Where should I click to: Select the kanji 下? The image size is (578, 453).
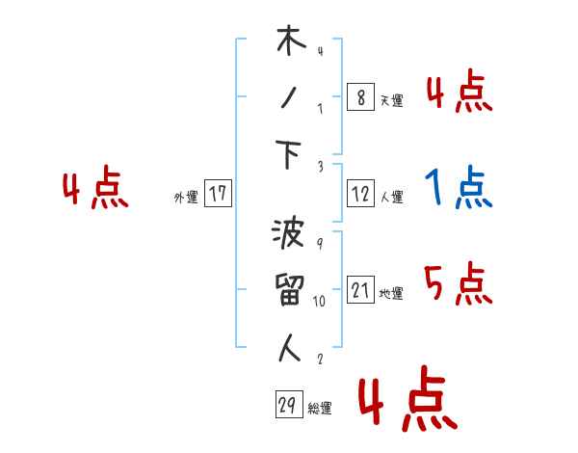(289, 156)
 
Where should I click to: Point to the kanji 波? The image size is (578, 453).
(289, 235)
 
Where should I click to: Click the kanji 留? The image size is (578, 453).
(289, 291)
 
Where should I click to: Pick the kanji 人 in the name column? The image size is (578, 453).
(289, 348)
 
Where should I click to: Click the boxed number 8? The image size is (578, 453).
(359, 96)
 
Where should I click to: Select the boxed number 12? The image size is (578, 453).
(359, 195)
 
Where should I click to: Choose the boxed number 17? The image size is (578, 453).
(219, 195)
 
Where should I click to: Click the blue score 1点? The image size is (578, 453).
(459, 189)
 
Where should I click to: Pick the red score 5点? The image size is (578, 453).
(459, 283)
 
